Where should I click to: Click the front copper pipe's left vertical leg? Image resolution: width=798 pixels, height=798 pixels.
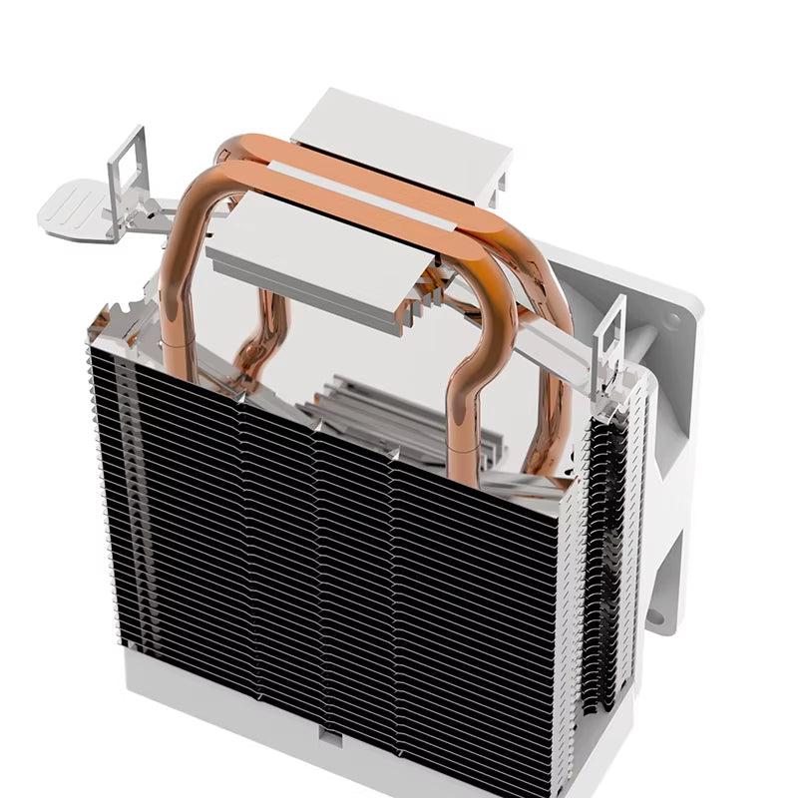175,299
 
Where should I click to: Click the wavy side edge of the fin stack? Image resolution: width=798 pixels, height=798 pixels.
598,559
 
